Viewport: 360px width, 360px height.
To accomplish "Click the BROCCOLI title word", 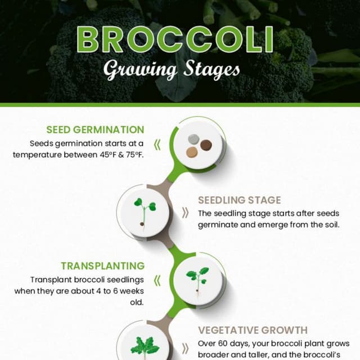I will pos(175,39).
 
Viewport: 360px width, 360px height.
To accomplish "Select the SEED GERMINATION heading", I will pos(96,130).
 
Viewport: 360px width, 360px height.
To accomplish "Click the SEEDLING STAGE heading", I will pos(239,200).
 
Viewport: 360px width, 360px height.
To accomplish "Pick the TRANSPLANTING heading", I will pos(103,265).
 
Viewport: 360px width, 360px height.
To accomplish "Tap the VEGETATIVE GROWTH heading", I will pos(253,330).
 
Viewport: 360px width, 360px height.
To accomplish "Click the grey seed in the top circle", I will pos(194,139).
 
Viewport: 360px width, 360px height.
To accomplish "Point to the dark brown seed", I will pos(206,146).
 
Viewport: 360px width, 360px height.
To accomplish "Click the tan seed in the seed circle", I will pos(192,151).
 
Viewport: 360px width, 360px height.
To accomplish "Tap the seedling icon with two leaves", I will pos(145,210).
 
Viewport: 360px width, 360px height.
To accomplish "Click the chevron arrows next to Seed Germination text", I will pos(157,145).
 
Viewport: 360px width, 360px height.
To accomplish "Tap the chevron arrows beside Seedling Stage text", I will pos(184,213).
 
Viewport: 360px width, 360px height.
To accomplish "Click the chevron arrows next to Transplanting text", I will pos(157,280).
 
